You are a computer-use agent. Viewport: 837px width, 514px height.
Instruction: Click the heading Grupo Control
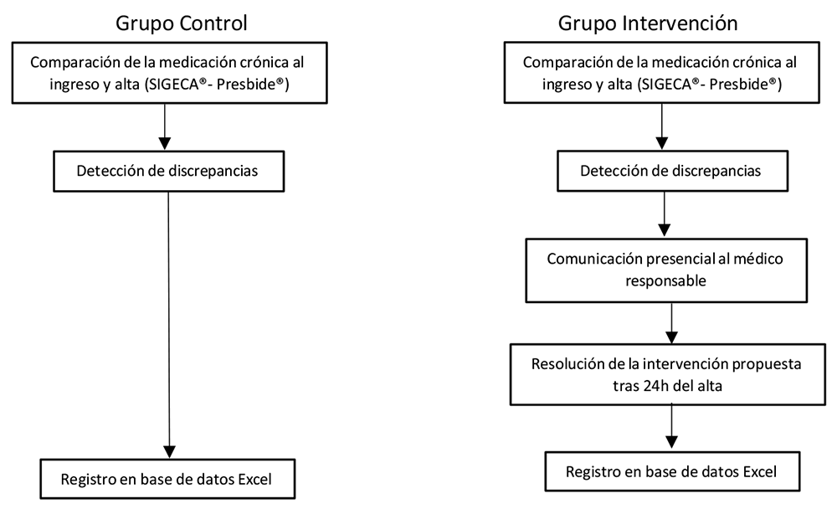click(x=182, y=23)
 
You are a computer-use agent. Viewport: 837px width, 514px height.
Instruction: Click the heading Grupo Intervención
click(x=648, y=23)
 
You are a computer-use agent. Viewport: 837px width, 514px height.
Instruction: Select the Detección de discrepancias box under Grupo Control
click(x=169, y=172)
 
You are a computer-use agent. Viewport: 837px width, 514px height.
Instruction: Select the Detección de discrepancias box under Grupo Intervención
click(x=673, y=171)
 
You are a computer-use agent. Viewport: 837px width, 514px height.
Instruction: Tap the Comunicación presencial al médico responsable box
click(x=666, y=270)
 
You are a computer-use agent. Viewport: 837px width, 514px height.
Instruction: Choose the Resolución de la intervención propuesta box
click(x=667, y=374)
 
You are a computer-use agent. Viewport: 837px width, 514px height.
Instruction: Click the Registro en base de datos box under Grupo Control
click(x=167, y=479)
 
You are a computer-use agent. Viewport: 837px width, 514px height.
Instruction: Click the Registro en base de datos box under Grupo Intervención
click(x=672, y=471)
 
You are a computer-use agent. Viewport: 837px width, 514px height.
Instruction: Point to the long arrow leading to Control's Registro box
click(x=169, y=325)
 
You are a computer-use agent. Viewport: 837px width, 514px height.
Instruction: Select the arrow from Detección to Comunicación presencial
click(x=664, y=214)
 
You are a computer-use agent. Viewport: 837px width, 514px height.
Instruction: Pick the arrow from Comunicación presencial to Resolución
click(x=671, y=323)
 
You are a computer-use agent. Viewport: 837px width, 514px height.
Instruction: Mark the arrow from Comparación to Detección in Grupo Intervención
click(x=662, y=126)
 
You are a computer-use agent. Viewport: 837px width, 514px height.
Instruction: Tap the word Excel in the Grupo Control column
click(x=254, y=480)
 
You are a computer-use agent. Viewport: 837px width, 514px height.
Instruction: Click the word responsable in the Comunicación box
click(x=665, y=280)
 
